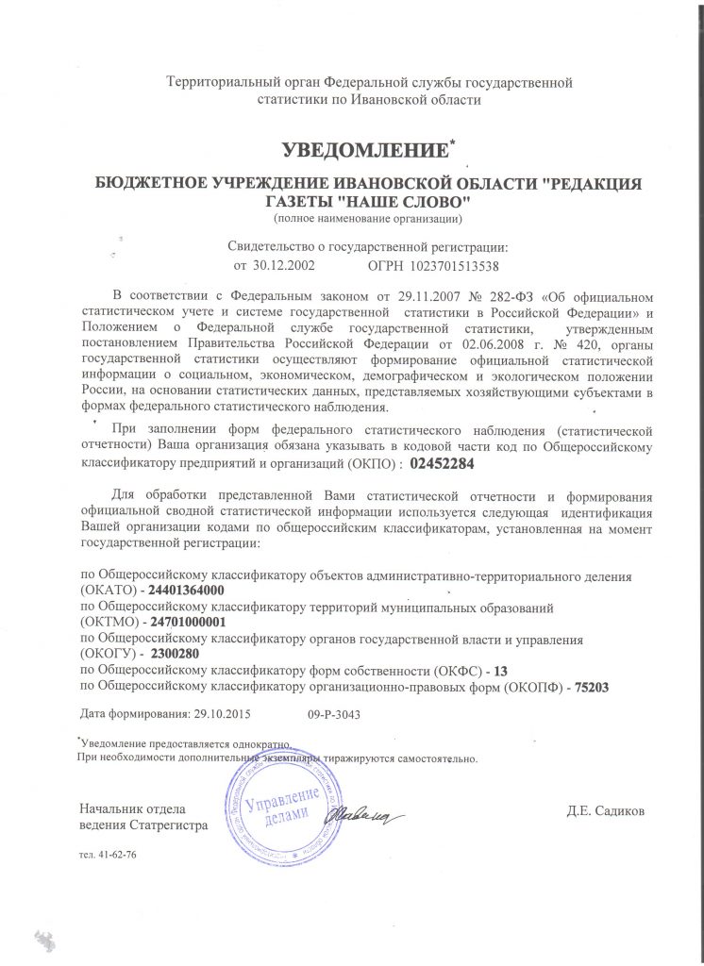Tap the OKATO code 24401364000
(x=188, y=589)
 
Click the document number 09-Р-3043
(x=334, y=715)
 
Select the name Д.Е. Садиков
(x=606, y=810)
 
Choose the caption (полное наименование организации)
(x=365, y=220)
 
